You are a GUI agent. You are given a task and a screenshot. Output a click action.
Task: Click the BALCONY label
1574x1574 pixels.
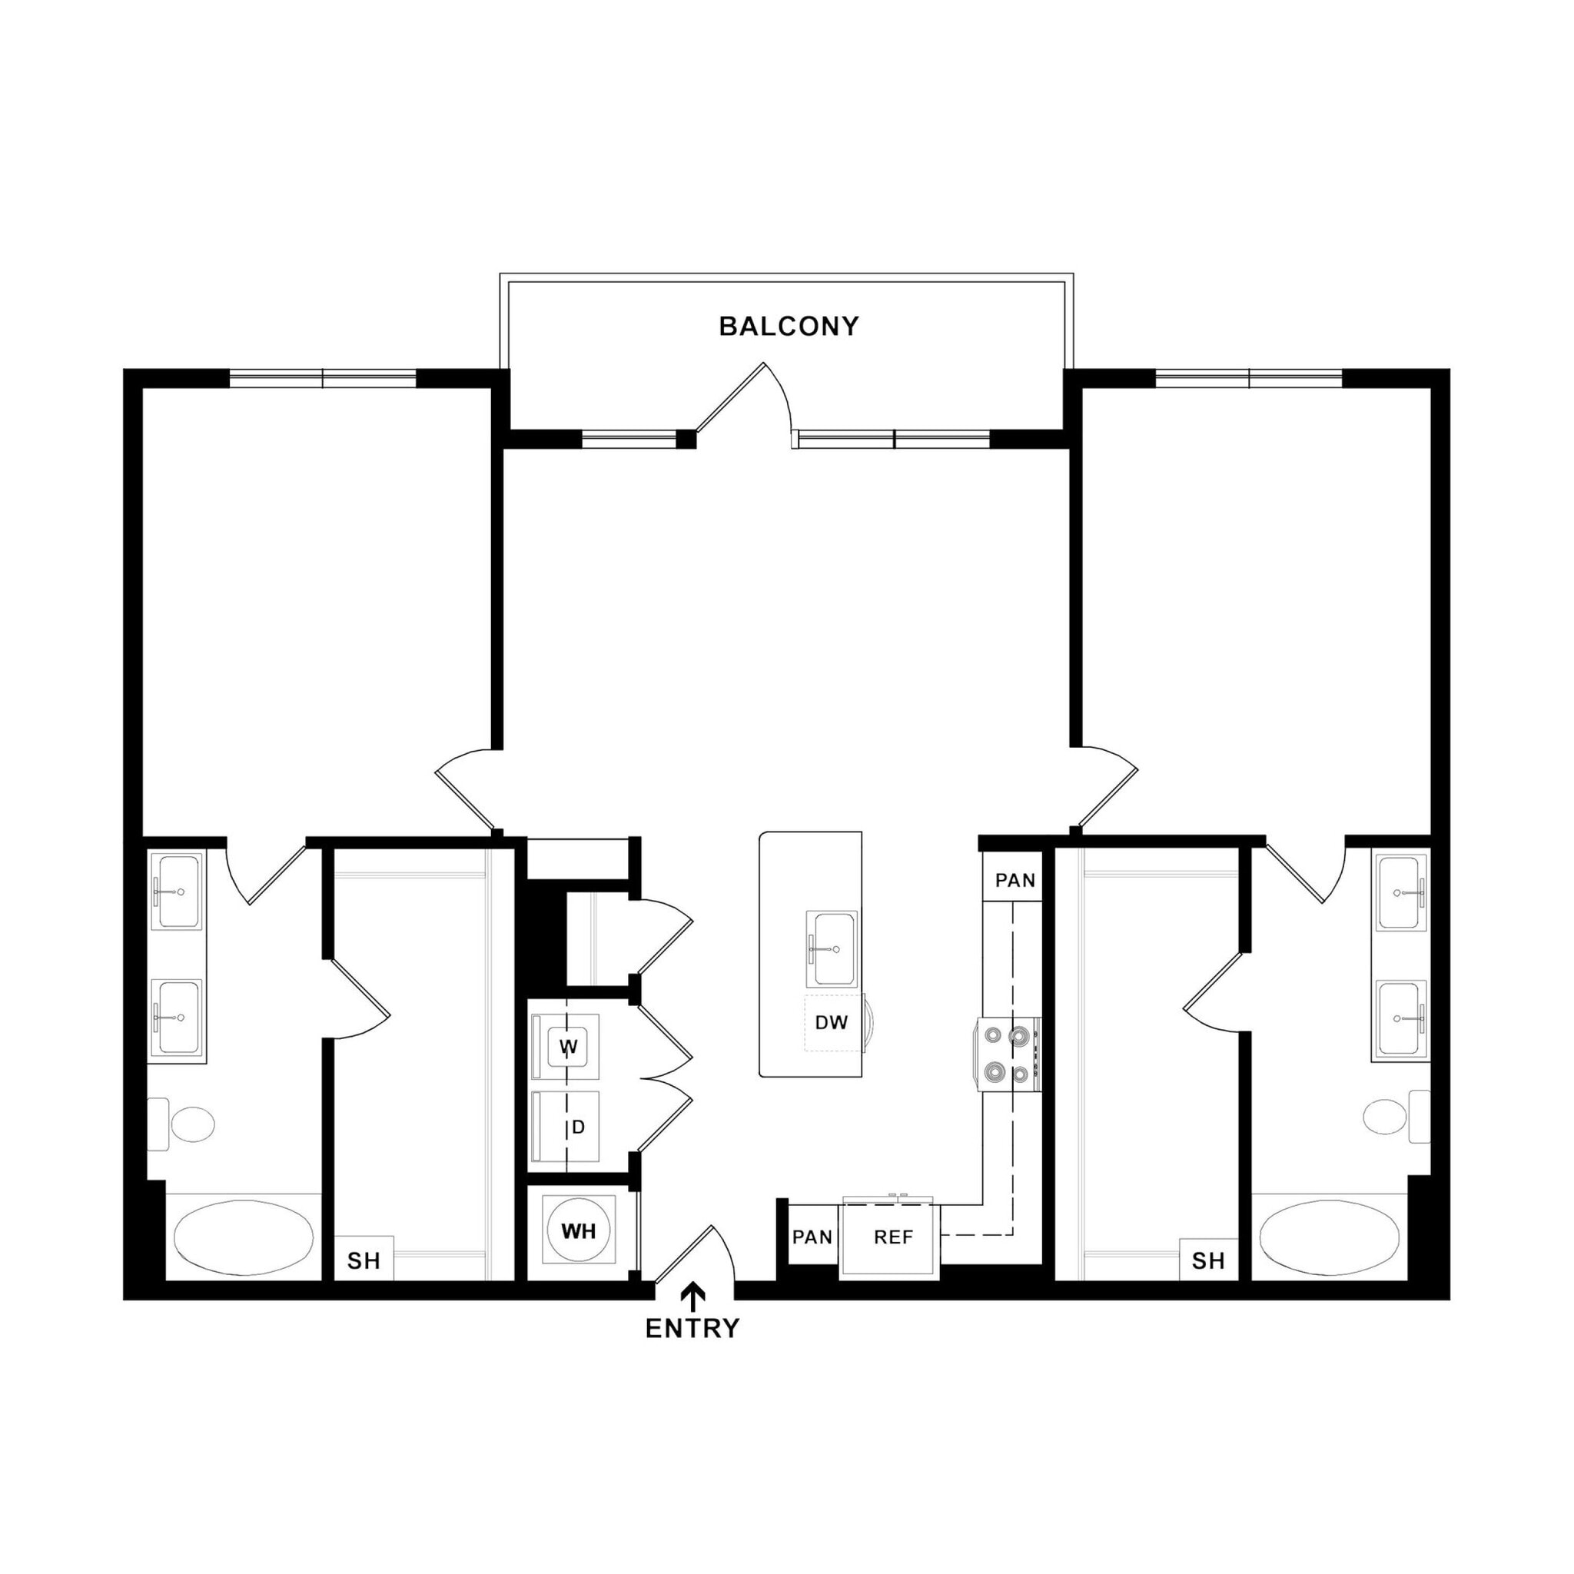point(788,327)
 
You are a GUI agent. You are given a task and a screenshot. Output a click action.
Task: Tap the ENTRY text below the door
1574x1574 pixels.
point(692,1329)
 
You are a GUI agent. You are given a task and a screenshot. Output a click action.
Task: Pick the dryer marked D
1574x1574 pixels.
point(568,1127)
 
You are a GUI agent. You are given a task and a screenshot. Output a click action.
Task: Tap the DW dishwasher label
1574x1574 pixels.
point(831,1022)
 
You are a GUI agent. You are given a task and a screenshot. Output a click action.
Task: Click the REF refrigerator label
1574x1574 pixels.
point(893,1237)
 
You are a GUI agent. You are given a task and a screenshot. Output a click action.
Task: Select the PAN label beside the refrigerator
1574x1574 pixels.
point(812,1237)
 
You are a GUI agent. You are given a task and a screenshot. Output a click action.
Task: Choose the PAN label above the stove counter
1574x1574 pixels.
point(1015,880)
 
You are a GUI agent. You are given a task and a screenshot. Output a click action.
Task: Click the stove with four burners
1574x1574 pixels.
point(1008,1055)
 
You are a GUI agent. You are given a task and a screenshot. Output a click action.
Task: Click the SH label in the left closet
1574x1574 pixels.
point(364,1261)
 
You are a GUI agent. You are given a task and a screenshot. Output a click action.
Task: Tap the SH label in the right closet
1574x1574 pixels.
point(1207,1261)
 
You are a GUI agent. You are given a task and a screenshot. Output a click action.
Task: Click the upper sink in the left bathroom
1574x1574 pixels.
point(177,892)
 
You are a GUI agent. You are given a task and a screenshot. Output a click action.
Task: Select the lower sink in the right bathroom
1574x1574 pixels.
point(1400,1018)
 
